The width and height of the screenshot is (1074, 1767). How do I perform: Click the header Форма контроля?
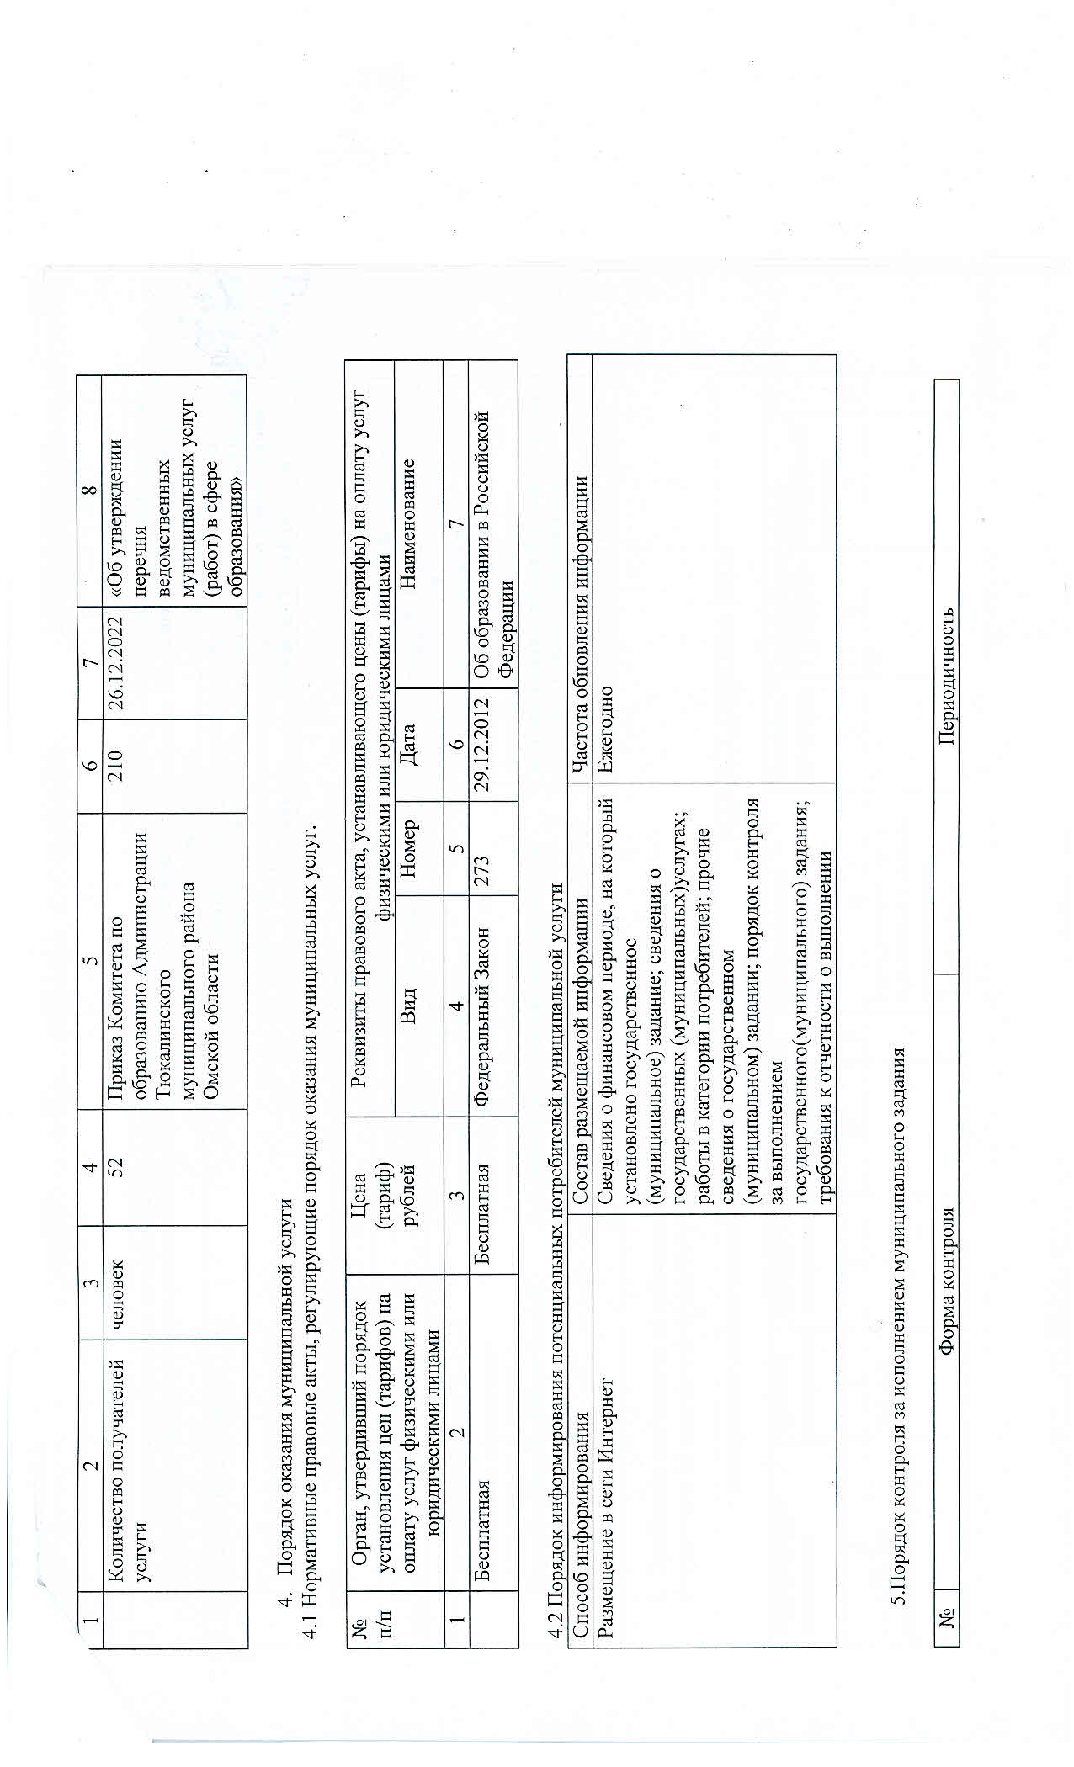[948, 1279]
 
